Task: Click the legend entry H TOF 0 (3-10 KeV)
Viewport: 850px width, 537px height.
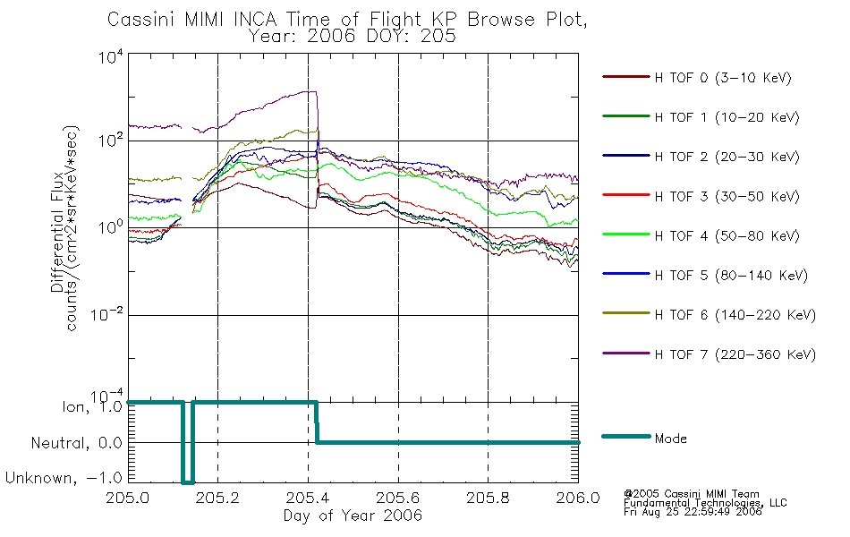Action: tap(723, 78)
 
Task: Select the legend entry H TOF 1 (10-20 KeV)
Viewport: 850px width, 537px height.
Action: tap(727, 117)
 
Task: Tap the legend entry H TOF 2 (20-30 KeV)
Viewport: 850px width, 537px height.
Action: tap(727, 157)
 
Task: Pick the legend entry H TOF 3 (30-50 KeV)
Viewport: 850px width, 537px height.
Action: tap(727, 196)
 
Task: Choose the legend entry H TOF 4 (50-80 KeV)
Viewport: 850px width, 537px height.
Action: tap(727, 236)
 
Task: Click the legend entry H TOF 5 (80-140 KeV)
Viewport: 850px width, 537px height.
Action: tap(731, 276)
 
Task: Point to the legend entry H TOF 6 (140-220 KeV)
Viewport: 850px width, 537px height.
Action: tap(735, 315)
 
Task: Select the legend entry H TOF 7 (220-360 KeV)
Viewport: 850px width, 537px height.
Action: tap(735, 354)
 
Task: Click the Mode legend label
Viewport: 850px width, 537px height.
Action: tap(670, 439)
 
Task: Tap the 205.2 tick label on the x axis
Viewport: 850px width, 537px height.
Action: tap(217, 498)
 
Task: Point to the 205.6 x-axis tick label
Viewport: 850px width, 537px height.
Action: tap(398, 498)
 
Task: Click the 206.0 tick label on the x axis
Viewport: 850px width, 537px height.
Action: tap(578, 498)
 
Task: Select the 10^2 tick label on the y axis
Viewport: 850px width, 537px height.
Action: tap(111, 140)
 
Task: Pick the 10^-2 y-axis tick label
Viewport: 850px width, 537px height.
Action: tap(107, 313)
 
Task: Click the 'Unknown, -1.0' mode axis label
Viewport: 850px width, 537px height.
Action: tap(64, 478)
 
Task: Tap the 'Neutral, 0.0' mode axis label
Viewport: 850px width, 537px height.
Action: tap(76, 443)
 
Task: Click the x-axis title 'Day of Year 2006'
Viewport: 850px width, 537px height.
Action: tap(353, 516)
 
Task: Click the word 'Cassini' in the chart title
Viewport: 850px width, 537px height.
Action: tap(142, 19)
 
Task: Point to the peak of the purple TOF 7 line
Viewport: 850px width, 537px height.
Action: tap(311, 91)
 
